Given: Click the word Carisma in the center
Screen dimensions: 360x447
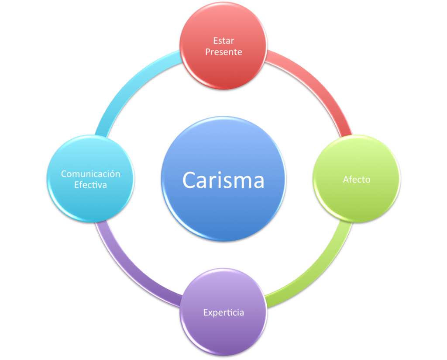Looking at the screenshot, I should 223,180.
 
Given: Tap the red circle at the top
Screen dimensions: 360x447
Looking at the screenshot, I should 223,70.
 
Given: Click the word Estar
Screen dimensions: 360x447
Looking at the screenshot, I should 223,41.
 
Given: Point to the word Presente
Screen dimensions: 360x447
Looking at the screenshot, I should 223,52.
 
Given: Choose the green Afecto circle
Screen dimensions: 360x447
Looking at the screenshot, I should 356,201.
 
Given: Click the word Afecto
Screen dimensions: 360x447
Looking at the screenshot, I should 356,179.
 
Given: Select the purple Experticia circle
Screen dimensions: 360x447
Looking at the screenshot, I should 223,332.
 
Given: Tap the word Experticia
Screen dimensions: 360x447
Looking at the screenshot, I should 223,312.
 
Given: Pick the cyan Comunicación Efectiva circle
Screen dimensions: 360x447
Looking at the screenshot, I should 90,201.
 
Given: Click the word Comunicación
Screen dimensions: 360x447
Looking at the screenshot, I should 90,173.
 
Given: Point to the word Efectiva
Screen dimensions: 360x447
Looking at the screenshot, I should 90,185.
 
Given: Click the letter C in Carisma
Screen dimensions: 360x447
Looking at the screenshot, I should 189,180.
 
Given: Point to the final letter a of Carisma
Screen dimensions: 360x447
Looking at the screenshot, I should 258,181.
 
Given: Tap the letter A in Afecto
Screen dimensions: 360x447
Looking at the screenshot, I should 346,179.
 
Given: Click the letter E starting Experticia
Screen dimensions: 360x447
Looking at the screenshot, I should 206,312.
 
